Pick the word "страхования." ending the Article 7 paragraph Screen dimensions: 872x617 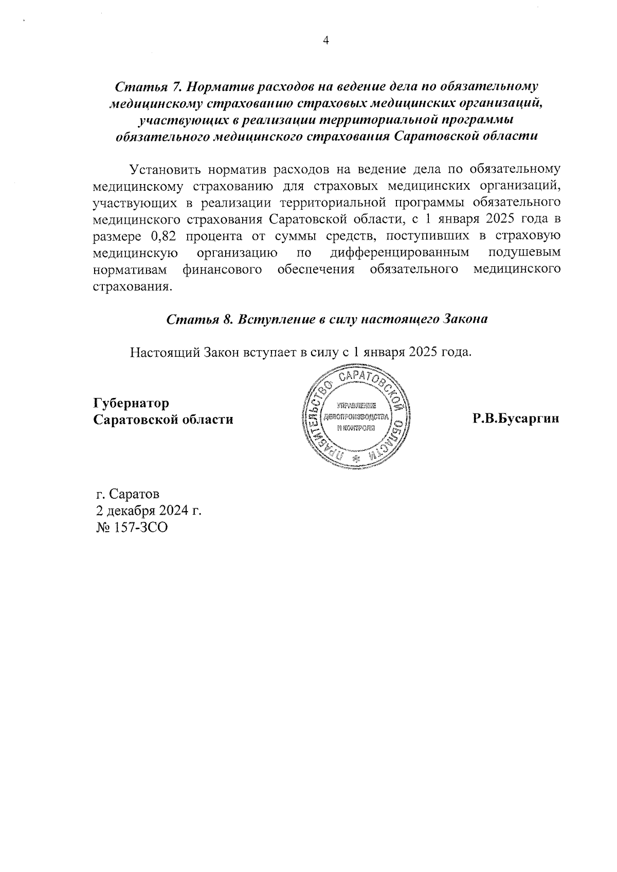point(131,287)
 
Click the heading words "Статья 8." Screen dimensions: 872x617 point(196,319)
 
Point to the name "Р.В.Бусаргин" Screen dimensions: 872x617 point(516,419)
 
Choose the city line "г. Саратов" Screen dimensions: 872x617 point(128,494)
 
